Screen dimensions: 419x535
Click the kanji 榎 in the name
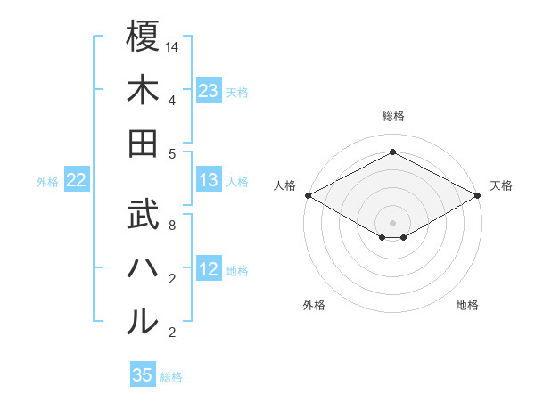point(143,37)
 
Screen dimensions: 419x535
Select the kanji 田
point(143,143)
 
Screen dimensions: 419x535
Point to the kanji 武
point(143,215)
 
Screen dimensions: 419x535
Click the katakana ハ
point(143,267)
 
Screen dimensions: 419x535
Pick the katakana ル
point(143,322)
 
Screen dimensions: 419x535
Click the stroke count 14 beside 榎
point(172,45)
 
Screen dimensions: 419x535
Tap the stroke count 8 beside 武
point(171,225)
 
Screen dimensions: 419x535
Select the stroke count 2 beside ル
point(171,333)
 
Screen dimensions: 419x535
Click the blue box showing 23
point(209,91)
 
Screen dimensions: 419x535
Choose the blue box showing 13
point(209,181)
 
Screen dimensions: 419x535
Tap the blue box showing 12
point(209,270)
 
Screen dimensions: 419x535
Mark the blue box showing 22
point(77,181)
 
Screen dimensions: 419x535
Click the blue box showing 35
point(143,375)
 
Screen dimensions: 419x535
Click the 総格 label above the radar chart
point(392,116)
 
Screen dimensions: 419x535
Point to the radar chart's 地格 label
point(467,305)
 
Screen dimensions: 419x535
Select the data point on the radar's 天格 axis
point(478,194)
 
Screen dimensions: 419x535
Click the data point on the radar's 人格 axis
point(307,194)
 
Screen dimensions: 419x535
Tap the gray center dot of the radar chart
point(392,221)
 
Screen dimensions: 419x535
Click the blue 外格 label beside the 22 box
point(47,182)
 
